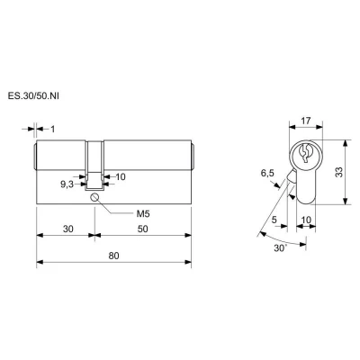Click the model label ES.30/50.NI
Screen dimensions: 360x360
pyautogui.click(x=33, y=96)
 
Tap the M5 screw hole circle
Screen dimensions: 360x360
pyautogui.click(x=94, y=197)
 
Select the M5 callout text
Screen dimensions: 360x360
pyautogui.click(x=143, y=214)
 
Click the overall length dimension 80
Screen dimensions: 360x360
pyautogui.click(x=113, y=256)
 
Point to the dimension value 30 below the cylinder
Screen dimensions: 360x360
pyautogui.click(x=68, y=229)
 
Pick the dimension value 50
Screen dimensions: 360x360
pyautogui.click(x=143, y=229)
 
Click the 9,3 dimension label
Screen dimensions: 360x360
pyautogui.click(x=67, y=184)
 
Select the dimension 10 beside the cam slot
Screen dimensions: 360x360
pyautogui.click(x=121, y=177)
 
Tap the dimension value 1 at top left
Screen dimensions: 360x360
pyautogui.click(x=53, y=130)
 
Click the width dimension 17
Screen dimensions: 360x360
pyautogui.click(x=305, y=121)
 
